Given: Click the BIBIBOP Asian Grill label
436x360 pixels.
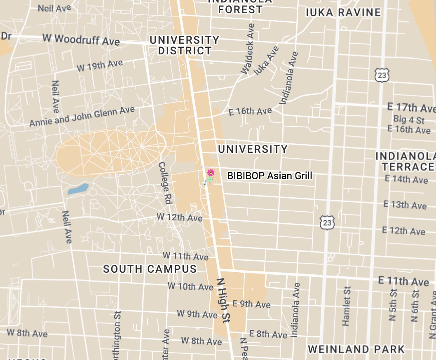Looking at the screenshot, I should click(x=270, y=176).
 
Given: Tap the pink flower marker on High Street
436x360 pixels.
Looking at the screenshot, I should click(x=211, y=172).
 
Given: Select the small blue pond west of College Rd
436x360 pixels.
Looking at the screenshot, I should click(x=78, y=189).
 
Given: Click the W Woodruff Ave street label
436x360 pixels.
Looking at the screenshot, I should click(x=81, y=39).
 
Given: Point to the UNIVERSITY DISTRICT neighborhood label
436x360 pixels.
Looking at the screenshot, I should click(x=185, y=45).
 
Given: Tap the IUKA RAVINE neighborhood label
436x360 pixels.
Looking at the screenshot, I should click(x=343, y=12).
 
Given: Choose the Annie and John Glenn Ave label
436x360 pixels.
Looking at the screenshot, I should click(x=82, y=117).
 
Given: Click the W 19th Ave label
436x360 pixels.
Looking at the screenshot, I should click(x=100, y=65).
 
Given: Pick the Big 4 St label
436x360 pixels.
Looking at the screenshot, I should click(x=408, y=120).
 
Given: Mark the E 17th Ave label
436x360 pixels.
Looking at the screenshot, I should click(x=410, y=108).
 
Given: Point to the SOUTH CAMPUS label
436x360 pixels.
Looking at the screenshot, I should click(x=150, y=269).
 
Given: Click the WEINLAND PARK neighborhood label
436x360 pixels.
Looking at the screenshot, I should click(x=356, y=349).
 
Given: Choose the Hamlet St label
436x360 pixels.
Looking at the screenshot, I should click(x=347, y=306).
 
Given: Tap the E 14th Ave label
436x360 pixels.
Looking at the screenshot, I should click(x=406, y=179).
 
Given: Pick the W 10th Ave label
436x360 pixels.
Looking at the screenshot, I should click(x=190, y=286).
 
